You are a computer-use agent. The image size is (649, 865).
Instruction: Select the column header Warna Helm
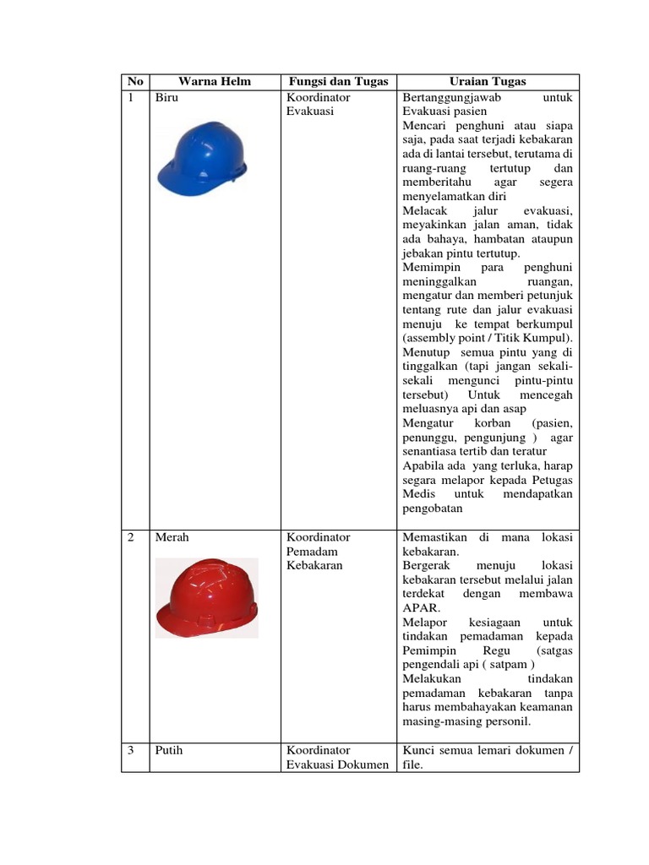215,81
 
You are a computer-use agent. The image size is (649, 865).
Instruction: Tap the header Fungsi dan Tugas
337,81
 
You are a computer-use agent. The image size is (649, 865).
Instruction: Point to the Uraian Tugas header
488,81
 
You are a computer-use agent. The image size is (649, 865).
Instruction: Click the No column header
134,81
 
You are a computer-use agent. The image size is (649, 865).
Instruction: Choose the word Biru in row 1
167,97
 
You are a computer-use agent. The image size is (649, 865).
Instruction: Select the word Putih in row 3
169,749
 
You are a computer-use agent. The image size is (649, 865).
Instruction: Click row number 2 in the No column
131,536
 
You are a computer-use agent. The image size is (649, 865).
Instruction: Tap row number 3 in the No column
131,749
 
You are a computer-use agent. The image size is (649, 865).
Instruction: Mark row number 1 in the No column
131,97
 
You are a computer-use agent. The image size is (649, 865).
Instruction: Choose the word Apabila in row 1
424,465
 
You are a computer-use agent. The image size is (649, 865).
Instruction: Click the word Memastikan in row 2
436,536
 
